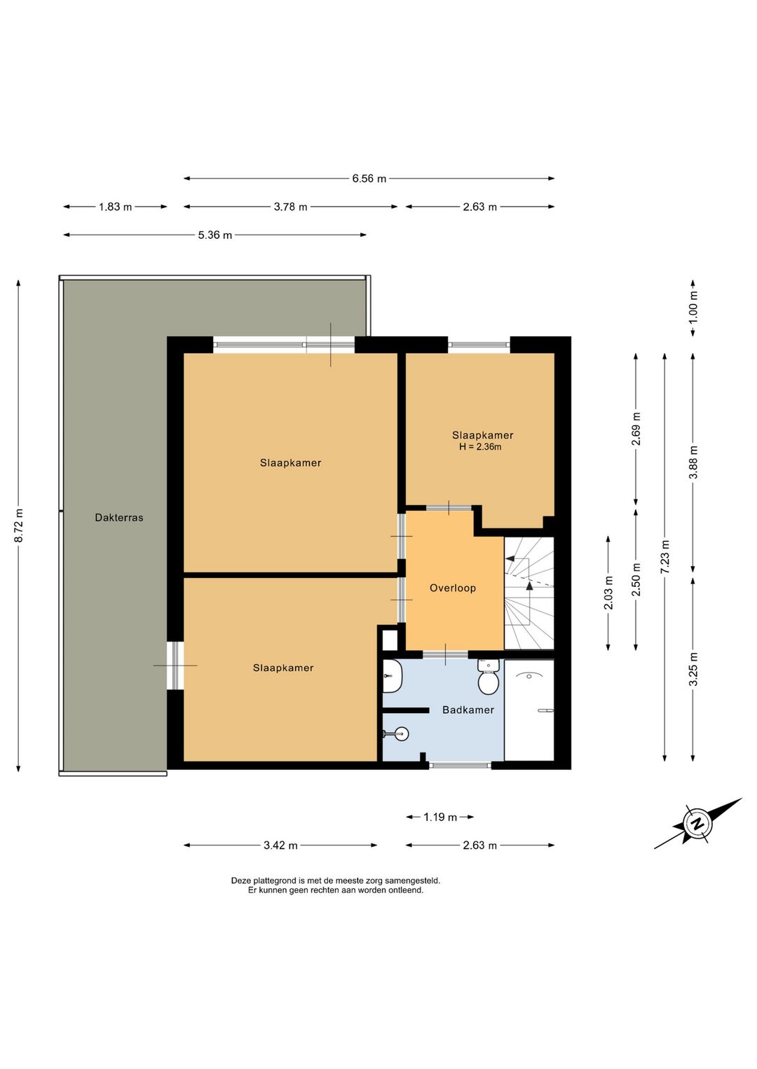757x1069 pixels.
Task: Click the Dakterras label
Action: click(x=119, y=517)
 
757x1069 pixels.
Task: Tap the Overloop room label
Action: click(x=453, y=588)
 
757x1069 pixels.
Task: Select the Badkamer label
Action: click(x=468, y=710)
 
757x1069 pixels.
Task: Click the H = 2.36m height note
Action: click(x=480, y=447)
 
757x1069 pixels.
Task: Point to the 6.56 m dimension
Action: click(x=369, y=179)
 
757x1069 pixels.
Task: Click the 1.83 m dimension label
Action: click(x=115, y=207)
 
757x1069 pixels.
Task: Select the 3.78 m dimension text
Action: click(x=290, y=207)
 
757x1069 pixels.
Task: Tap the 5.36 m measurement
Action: click(x=215, y=235)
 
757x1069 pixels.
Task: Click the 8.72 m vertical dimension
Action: click(x=19, y=525)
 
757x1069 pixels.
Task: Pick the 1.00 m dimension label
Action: click(x=693, y=307)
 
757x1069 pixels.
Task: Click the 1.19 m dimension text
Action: click(x=440, y=817)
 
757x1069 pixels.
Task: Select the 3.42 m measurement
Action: click(x=280, y=845)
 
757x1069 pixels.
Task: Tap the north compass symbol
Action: click(x=698, y=823)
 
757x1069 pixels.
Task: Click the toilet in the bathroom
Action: click(x=488, y=677)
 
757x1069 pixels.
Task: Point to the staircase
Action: click(x=529, y=593)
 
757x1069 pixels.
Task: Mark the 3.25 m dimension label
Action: click(x=693, y=669)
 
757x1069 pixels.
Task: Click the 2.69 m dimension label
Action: click(x=636, y=429)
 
